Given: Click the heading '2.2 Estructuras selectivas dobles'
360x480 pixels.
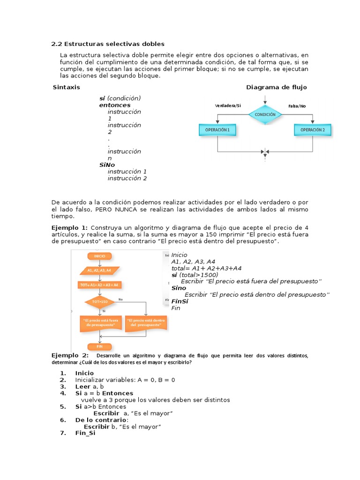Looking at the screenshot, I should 108,44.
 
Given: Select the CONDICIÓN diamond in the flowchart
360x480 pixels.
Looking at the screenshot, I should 265,114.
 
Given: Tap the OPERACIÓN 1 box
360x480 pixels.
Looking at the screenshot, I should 217,130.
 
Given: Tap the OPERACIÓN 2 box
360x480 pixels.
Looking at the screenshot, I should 312,130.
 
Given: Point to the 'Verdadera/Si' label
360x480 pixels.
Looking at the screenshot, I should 228,106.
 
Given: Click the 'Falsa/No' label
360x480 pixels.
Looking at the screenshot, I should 297,106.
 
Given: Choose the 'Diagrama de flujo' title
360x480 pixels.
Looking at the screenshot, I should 276,87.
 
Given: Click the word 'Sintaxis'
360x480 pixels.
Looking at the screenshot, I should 67,87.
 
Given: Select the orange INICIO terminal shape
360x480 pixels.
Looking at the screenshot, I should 100,256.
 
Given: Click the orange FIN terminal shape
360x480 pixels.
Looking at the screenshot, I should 99,346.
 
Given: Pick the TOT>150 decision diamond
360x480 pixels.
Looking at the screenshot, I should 99,301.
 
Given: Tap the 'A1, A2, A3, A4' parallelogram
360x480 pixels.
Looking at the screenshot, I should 99,270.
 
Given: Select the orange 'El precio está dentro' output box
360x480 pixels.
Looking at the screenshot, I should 146,322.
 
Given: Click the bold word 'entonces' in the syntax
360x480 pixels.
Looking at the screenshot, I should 115,105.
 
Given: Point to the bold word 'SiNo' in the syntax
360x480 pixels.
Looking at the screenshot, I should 107,165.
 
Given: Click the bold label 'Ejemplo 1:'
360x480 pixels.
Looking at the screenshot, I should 69,227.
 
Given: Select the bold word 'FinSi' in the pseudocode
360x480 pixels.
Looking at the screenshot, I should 180,301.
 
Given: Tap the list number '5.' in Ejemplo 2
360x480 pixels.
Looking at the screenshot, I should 63,407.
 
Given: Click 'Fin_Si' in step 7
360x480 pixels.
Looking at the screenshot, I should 85,434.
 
